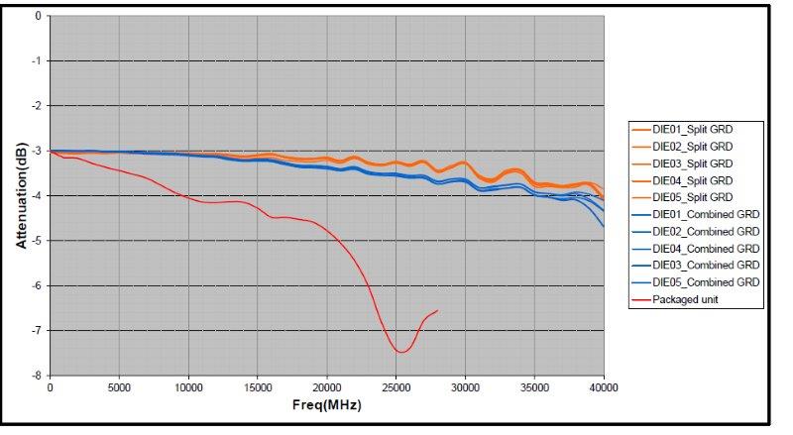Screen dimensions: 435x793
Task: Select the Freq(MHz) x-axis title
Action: pos(327,406)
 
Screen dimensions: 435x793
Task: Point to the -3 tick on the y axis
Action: pos(38,151)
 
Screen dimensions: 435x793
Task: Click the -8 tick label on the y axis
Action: pos(38,376)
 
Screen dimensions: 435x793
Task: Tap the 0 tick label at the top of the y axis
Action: pos(39,16)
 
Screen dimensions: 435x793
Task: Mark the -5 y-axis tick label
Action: pos(38,241)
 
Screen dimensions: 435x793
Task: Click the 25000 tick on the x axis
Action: pos(396,387)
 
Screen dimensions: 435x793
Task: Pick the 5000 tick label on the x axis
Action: pos(119,387)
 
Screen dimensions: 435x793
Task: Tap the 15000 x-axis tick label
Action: pos(258,387)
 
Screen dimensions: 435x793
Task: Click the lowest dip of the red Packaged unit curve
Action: pos(400,352)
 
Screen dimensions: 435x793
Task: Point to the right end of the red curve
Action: pos(437,310)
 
